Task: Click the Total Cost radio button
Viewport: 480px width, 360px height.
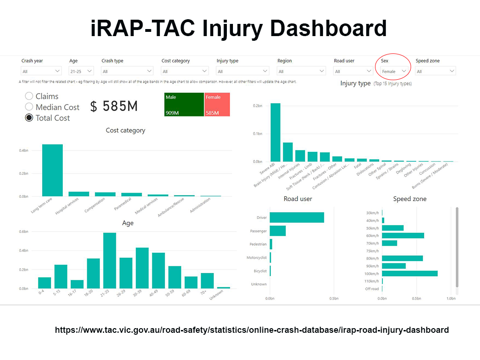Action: coord(29,118)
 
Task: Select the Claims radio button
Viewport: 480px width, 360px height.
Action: coord(29,96)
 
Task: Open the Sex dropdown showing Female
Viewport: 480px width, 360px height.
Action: coord(393,71)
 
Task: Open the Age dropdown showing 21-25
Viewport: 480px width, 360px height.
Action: coord(81,71)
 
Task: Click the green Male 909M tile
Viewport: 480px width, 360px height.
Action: coord(184,104)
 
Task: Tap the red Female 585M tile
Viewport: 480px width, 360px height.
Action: coord(217,104)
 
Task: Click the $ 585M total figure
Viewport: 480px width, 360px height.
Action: coord(114,106)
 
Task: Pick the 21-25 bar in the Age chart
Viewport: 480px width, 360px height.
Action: coord(110,261)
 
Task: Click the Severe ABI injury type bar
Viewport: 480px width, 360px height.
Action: coord(276,132)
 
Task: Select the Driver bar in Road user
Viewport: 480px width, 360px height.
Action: coord(297,217)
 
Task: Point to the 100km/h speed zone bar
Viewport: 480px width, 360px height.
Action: coord(410,273)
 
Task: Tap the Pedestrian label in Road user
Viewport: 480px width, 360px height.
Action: coord(258,244)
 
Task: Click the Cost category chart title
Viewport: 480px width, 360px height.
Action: coord(126,130)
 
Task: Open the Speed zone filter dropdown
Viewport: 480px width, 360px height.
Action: coord(435,71)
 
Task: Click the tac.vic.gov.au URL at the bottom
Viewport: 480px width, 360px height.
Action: coord(252,330)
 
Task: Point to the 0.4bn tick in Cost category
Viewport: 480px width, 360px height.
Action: coord(23,150)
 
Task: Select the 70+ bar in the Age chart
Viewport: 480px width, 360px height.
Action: coord(207,280)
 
